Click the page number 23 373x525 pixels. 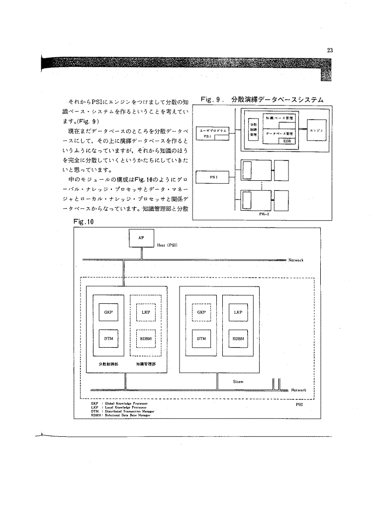click(330, 49)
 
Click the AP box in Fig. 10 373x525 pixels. click(141, 238)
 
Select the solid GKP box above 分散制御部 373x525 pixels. click(108, 312)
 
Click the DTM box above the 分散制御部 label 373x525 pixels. click(108, 338)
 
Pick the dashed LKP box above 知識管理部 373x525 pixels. click(146, 312)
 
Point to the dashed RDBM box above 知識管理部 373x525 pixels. click(146, 338)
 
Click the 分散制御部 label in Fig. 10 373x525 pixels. click(109, 364)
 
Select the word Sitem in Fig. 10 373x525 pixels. click(238, 382)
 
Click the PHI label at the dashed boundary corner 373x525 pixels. click(299, 405)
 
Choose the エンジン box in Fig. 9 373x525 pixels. click(316, 131)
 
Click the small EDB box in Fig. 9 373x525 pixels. click(287, 141)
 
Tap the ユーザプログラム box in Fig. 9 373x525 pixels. click(213, 132)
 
